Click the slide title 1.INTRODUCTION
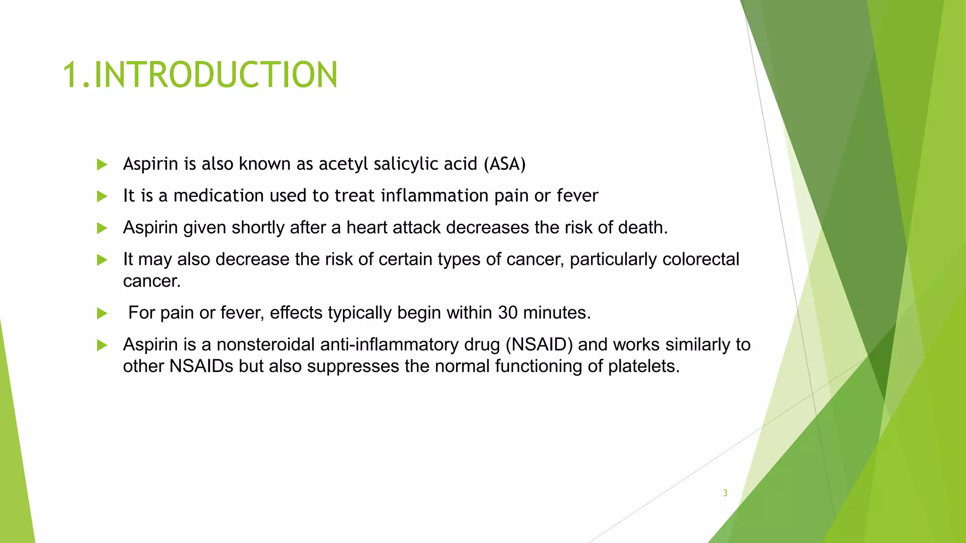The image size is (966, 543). tap(200, 75)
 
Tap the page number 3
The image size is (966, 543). tap(725, 493)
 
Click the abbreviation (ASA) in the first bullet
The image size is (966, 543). tap(504, 164)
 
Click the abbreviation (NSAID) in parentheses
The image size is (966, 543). tap(539, 345)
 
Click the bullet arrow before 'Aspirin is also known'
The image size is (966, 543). tap(102, 165)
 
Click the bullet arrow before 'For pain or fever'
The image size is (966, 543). tap(102, 313)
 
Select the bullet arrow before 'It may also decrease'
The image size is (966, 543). tap(102, 260)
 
